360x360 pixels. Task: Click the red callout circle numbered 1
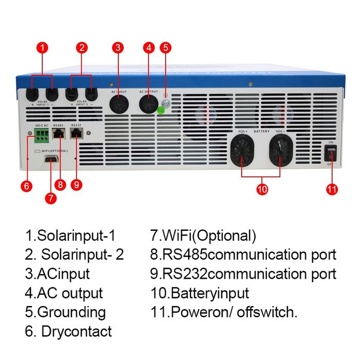click(43, 48)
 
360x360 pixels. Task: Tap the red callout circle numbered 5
click(165, 48)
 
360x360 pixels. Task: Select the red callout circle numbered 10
click(262, 189)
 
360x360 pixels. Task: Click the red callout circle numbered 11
click(332, 189)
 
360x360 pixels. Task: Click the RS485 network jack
click(59, 134)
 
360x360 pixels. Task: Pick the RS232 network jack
click(77, 134)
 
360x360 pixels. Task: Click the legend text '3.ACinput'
click(57, 274)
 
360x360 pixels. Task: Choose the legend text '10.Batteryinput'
click(200, 293)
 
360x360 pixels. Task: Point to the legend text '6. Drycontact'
click(68, 331)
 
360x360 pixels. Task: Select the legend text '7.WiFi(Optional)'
click(203, 236)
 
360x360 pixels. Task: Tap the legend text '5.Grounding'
click(65, 312)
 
